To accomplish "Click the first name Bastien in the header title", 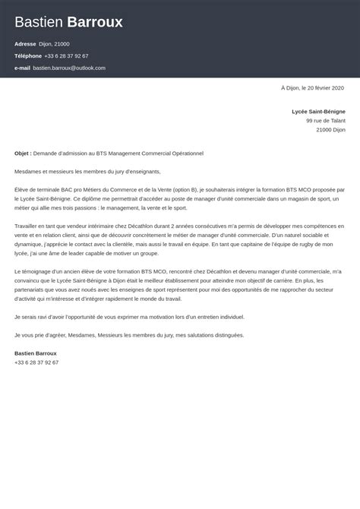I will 38,22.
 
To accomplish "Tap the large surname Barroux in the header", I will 95,22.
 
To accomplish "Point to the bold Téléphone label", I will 27,56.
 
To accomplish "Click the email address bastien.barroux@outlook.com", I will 69,68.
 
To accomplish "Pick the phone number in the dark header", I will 67,56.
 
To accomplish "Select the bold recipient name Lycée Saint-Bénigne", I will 318,111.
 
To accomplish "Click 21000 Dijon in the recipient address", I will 330,130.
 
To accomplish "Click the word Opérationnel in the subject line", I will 182,153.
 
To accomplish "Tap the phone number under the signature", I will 36,362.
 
